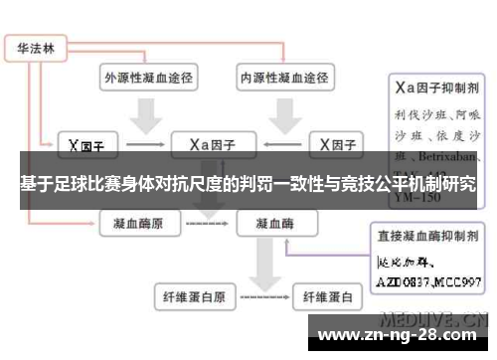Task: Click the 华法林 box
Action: (x=34, y=47)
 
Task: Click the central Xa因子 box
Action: (x=212, y=145)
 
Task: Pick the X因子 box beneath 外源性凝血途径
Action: (x=86, y=145)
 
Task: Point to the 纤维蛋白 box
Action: (x=327, y=295)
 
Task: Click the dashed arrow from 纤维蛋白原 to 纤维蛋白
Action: (x=260, y=296)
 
